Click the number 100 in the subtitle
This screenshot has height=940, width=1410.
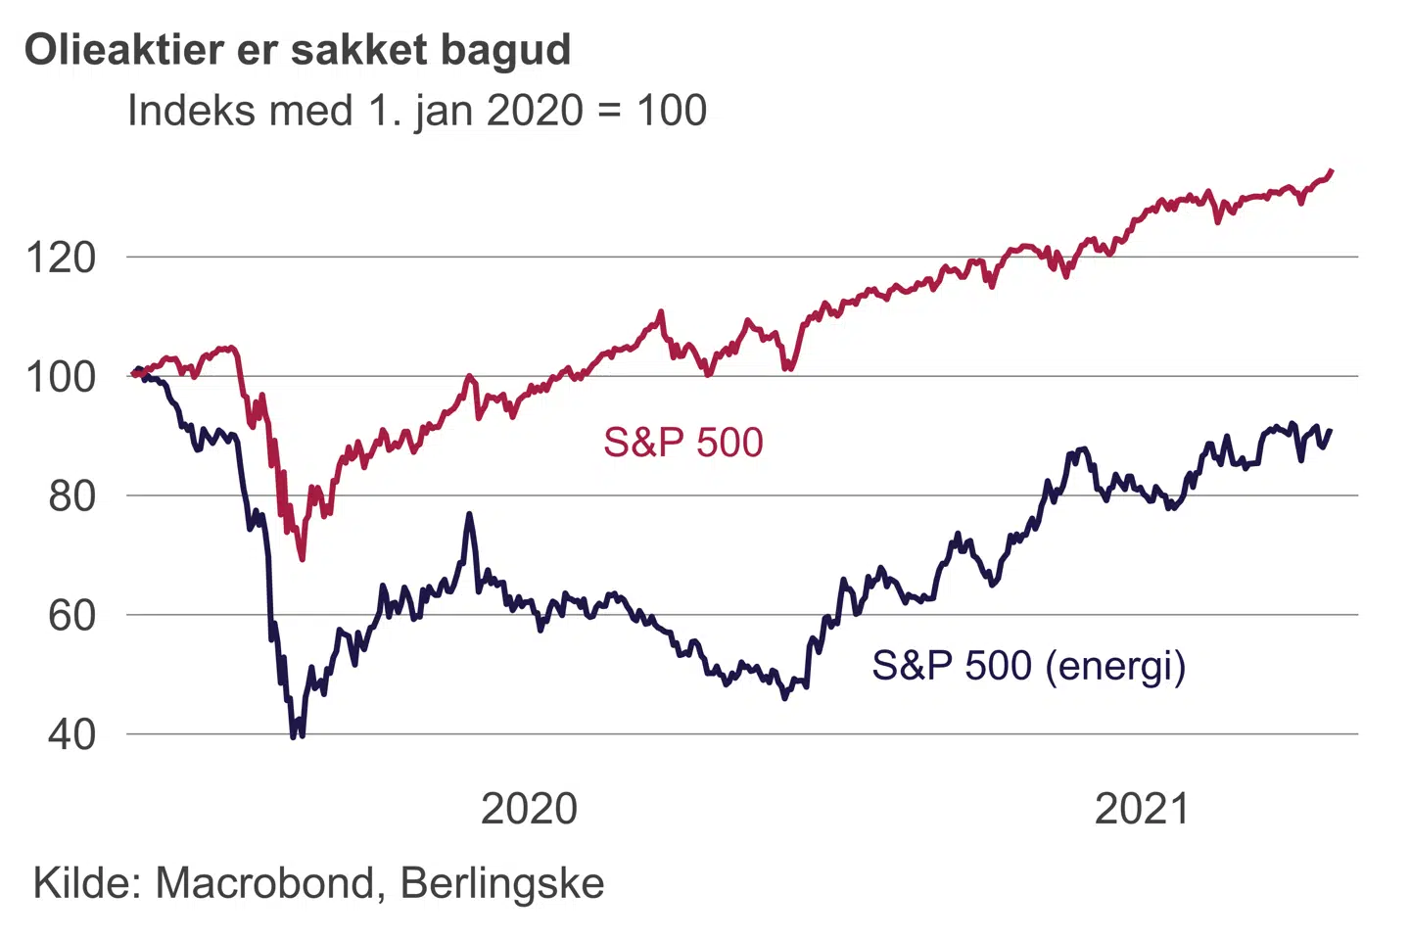(672, 111)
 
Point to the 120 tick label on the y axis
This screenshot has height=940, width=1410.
(61, 258)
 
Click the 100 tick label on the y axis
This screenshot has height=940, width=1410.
(61, 377)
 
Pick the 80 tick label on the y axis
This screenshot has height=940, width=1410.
(72, 496)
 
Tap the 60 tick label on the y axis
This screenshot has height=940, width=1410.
(72, 616)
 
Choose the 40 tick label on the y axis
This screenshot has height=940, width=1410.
(72, 734)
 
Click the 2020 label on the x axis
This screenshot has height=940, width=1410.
(529, 810)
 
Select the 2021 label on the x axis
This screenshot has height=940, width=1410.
(1142, 810)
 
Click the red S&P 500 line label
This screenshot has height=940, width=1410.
(682, 443)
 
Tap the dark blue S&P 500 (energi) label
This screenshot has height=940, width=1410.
(1028, 666)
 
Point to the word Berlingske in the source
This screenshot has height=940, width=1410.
(502, 883)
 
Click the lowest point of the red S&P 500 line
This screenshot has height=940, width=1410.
(302, 558)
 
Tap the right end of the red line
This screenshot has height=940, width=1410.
(1331, 171)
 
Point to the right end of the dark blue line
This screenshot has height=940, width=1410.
(1330, 431)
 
